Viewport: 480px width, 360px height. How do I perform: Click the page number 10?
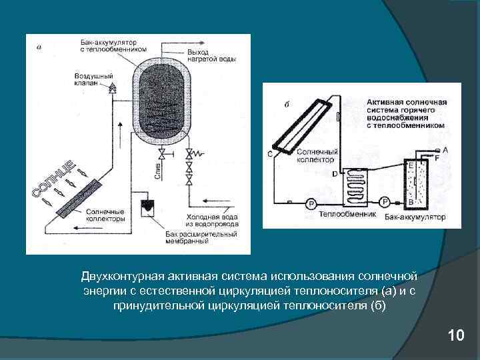click(456, 335)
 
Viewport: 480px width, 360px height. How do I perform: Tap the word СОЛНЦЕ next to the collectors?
click(54, 180)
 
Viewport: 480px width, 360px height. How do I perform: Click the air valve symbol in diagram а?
click(113, 87)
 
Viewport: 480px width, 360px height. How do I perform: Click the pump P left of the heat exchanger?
click(309, 203)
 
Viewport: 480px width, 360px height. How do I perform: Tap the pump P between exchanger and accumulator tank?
click(384, 201)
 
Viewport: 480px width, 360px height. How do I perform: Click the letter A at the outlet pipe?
click(445, 150)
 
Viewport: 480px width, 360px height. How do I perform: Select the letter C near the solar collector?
click(270, 155)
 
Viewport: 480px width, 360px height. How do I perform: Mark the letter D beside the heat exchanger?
click(334, 174)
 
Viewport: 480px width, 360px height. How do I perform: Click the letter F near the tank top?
click(437, 159)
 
